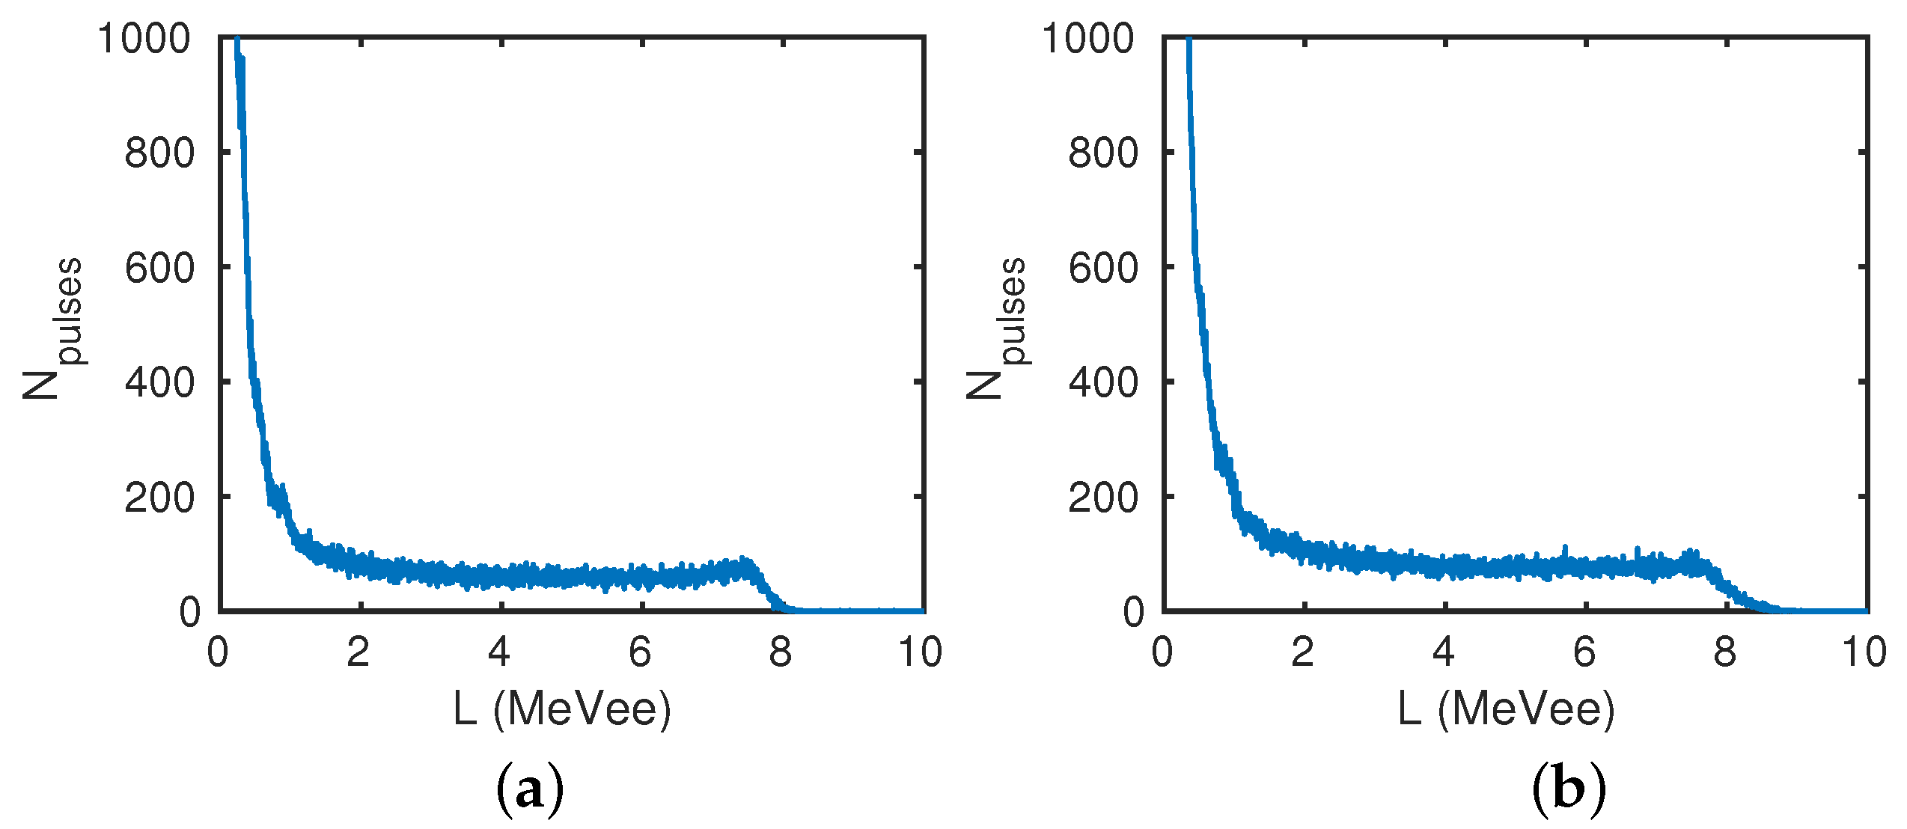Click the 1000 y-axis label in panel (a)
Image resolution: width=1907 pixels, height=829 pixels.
(x=144, y=38)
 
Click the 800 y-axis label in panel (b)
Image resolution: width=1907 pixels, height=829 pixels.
(x=1102, y=153)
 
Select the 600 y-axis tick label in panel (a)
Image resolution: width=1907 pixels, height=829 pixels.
(x=159, y=268)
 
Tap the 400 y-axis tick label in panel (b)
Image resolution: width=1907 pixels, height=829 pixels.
(x=1102, y=383)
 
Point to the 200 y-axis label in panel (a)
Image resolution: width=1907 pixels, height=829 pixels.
(x=159, y=498)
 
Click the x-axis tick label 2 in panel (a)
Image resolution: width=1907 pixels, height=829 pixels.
(x=358, y=652)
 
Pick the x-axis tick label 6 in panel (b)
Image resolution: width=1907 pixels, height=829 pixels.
(x=1584, y=652)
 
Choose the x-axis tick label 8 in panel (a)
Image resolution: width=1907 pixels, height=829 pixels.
(x=781, y=652)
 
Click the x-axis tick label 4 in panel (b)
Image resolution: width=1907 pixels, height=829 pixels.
(x=1444, y=652)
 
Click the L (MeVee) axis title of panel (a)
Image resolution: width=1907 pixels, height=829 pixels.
(x=562, y=709)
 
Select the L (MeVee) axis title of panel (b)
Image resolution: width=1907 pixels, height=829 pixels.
(x=1506, y=709)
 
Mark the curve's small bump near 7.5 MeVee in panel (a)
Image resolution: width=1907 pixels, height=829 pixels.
(x=741, y=566)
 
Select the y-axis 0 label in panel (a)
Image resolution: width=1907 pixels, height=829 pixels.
(x=190, y=612)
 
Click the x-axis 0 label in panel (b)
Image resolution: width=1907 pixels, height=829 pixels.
(x=1162, y=652)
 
